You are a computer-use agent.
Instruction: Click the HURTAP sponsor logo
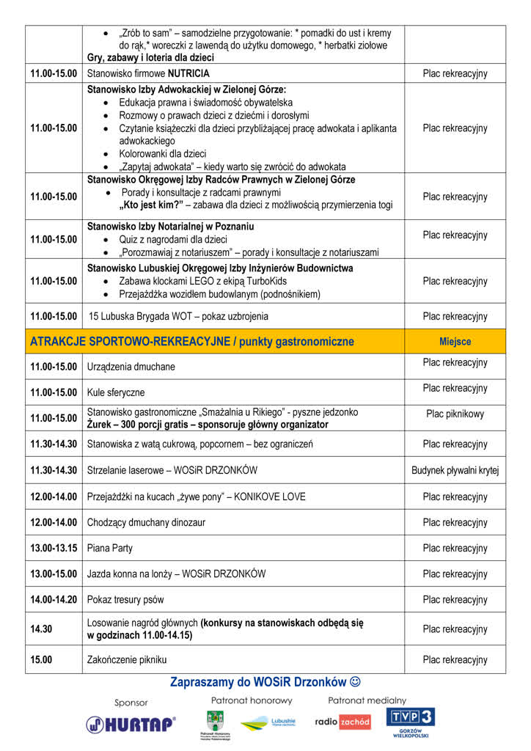pos(131,725)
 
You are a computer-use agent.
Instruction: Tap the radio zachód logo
pos(343,722)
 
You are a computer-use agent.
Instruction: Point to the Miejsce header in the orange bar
pos(455,342)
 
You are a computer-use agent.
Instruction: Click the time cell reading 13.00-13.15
pos(54,548)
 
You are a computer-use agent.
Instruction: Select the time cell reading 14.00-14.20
pos(54,599)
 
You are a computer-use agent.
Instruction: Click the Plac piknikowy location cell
pos(455,414)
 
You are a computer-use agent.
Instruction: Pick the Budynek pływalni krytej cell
pos(455,470)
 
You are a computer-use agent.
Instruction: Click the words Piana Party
pos(110,548)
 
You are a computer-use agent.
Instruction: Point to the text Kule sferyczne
pos(116,392)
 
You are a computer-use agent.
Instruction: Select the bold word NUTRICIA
pos(188,73)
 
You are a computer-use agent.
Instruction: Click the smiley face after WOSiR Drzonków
pos(355,682)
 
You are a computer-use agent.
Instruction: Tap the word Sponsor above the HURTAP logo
pos(131,702)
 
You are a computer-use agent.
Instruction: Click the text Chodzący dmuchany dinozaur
pos(146,522)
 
